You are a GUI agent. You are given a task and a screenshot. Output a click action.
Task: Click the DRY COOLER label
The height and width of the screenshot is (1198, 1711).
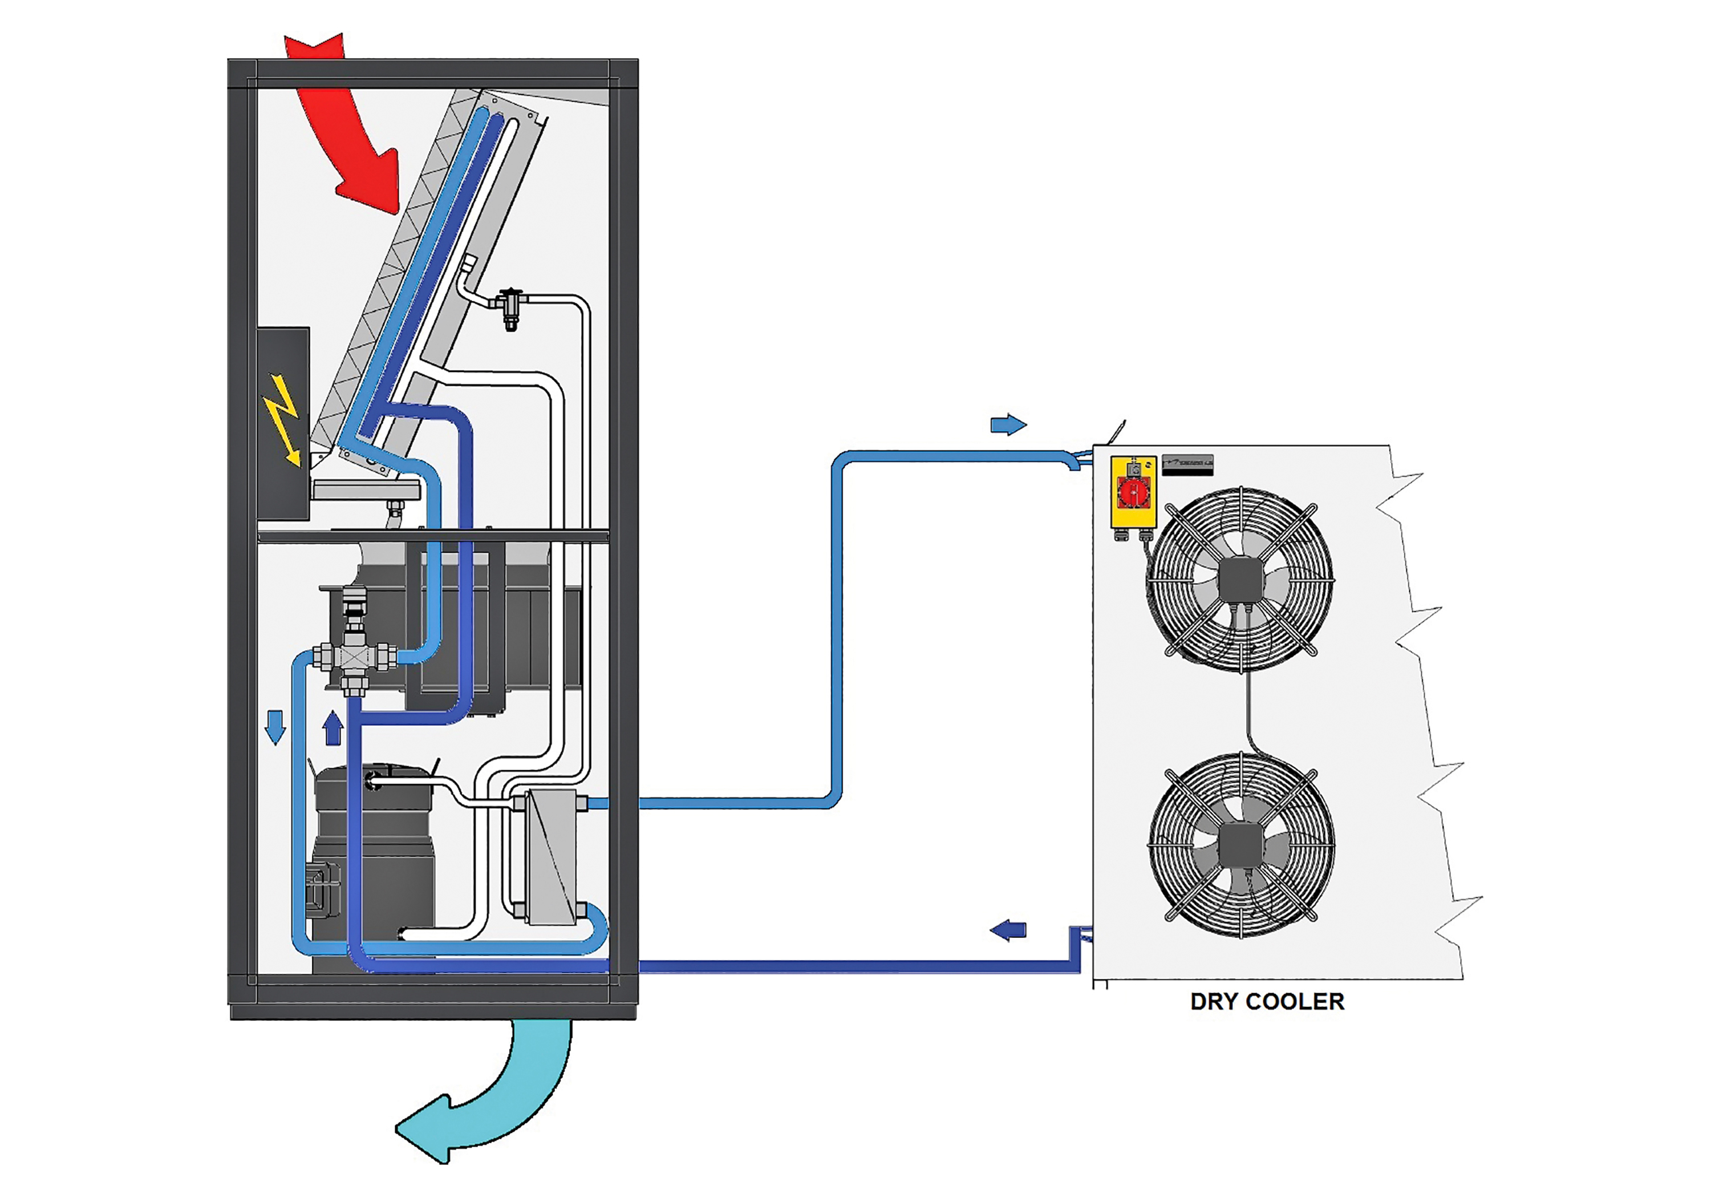pos(1267,1001)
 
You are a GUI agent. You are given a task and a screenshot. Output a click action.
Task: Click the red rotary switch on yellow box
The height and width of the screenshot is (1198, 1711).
pos(1133,491)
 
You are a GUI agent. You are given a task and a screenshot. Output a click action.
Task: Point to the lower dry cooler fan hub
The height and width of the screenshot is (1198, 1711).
pos(1242,845)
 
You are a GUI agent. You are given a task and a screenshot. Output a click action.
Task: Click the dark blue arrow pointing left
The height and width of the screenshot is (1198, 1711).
pos(1008,930)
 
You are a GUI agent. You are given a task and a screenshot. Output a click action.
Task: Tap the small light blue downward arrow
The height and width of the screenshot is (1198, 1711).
pos(275,727)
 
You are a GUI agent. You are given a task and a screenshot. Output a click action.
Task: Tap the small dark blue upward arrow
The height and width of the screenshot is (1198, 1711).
pos(333,728)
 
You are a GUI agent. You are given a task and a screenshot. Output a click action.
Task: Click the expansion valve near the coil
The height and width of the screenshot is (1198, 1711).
pos(511,306)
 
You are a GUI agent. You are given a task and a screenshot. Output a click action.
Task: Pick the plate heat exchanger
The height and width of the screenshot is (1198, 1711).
pos(551,857)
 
